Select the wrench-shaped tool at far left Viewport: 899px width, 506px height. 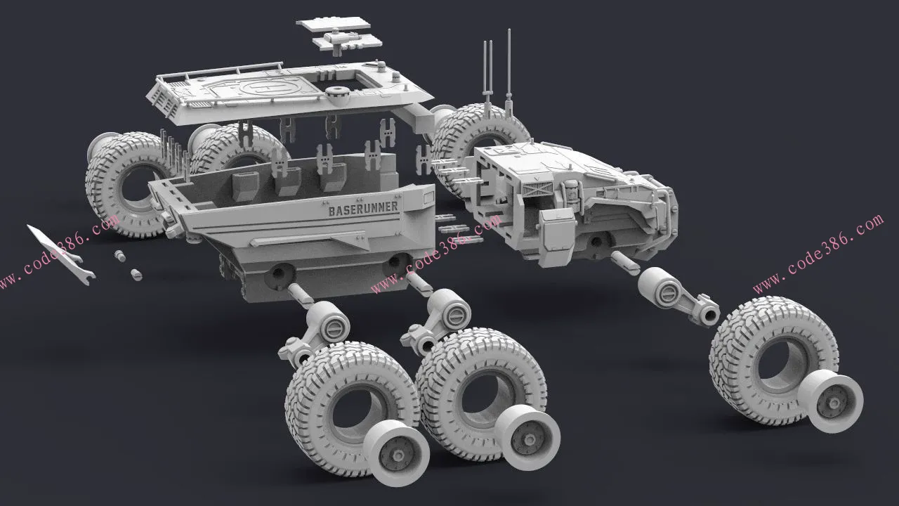click(x=61, y=254)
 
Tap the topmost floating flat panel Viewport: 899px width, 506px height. click(x=333, y=23)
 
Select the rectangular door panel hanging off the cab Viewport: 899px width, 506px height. click(x=556, y=238)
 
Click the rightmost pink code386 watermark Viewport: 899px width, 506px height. click(x=819, y=253)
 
